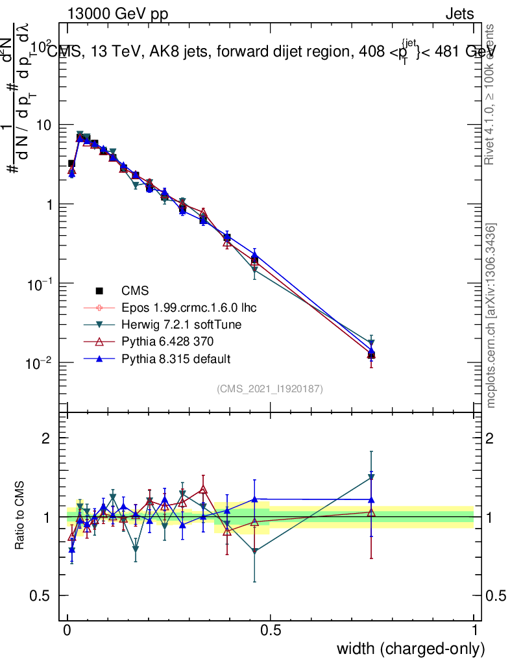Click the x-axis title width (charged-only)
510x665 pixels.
pyautogui.click(x=410, y=648)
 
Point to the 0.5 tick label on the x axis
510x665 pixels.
pyautogui.click(x=271, y=631)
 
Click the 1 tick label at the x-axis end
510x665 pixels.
pyautogui.click(x=474, y=631)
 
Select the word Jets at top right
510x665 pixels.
pyautogui.click(x=459, y=13)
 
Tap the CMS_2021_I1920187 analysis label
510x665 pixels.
pyautogui.click(x=270, y=388)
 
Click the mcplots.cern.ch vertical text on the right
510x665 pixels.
pyautogui.click(x=491, y=316)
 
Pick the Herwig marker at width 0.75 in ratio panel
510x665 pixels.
pyautogui.click(x=371, y=477)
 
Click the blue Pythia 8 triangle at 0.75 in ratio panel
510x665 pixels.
pyautogui.click(x=371, y=500)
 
